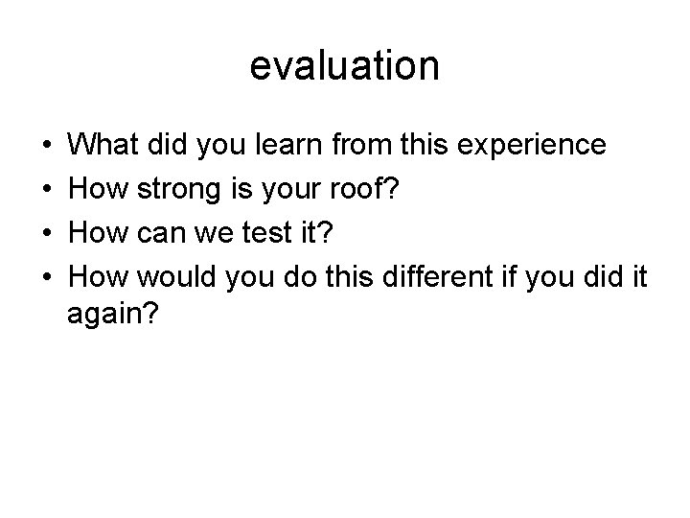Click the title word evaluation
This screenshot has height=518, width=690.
click(345, 66)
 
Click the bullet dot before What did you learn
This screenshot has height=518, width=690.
click(47, 147)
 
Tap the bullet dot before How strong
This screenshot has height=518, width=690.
click(47, 191)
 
